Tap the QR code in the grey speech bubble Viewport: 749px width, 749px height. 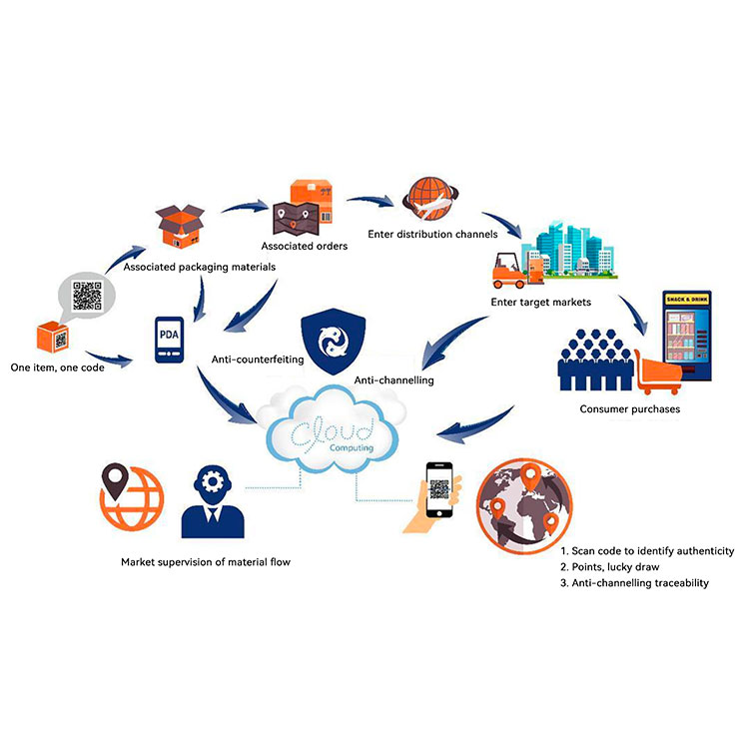[87, 296]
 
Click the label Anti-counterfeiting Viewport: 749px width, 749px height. [258, 359]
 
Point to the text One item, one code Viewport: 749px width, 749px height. [61, 367]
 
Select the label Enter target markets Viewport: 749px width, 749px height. [540, 301]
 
